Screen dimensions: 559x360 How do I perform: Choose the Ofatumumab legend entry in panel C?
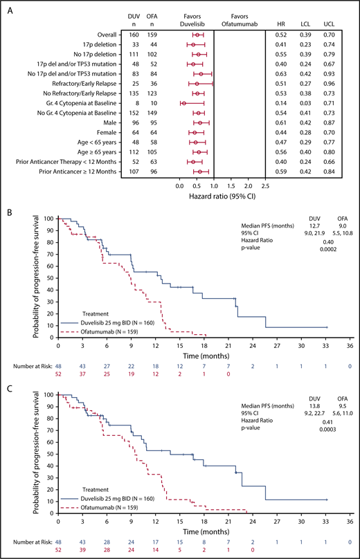pyautogui.click(x=105, y=508)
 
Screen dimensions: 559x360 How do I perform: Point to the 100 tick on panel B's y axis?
pyautogui.click(x=49, y=219)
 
